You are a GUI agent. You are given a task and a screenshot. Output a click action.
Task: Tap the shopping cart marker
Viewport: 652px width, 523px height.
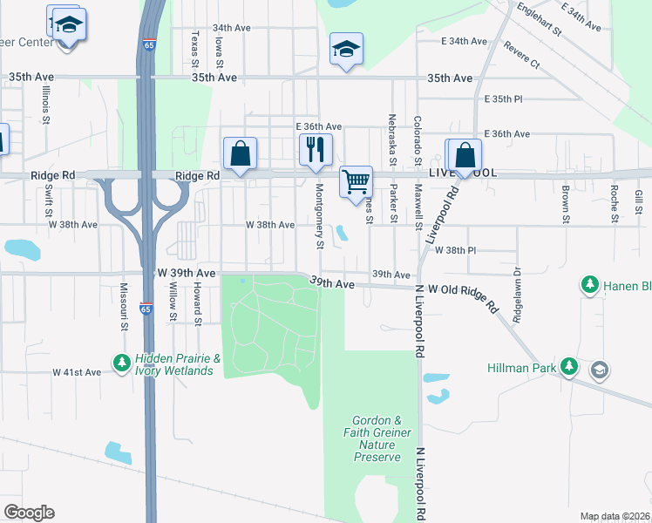tap(356, 182)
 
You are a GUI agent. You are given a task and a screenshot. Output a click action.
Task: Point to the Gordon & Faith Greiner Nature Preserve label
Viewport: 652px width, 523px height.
tap(377, 438)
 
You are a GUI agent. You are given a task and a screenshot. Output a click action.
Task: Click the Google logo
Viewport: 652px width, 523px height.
tap(29, 513)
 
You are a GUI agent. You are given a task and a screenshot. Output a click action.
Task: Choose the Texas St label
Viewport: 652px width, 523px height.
tap(194, 48)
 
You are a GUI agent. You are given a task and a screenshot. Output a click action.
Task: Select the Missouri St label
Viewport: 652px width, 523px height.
tap(124, 307)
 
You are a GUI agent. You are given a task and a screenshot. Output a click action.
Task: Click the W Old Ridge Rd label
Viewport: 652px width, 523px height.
tap(464, 295)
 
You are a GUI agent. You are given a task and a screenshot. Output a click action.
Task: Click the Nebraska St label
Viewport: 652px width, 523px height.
tap(393, 139)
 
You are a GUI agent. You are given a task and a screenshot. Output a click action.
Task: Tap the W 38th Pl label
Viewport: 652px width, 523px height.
tap(457, 249)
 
